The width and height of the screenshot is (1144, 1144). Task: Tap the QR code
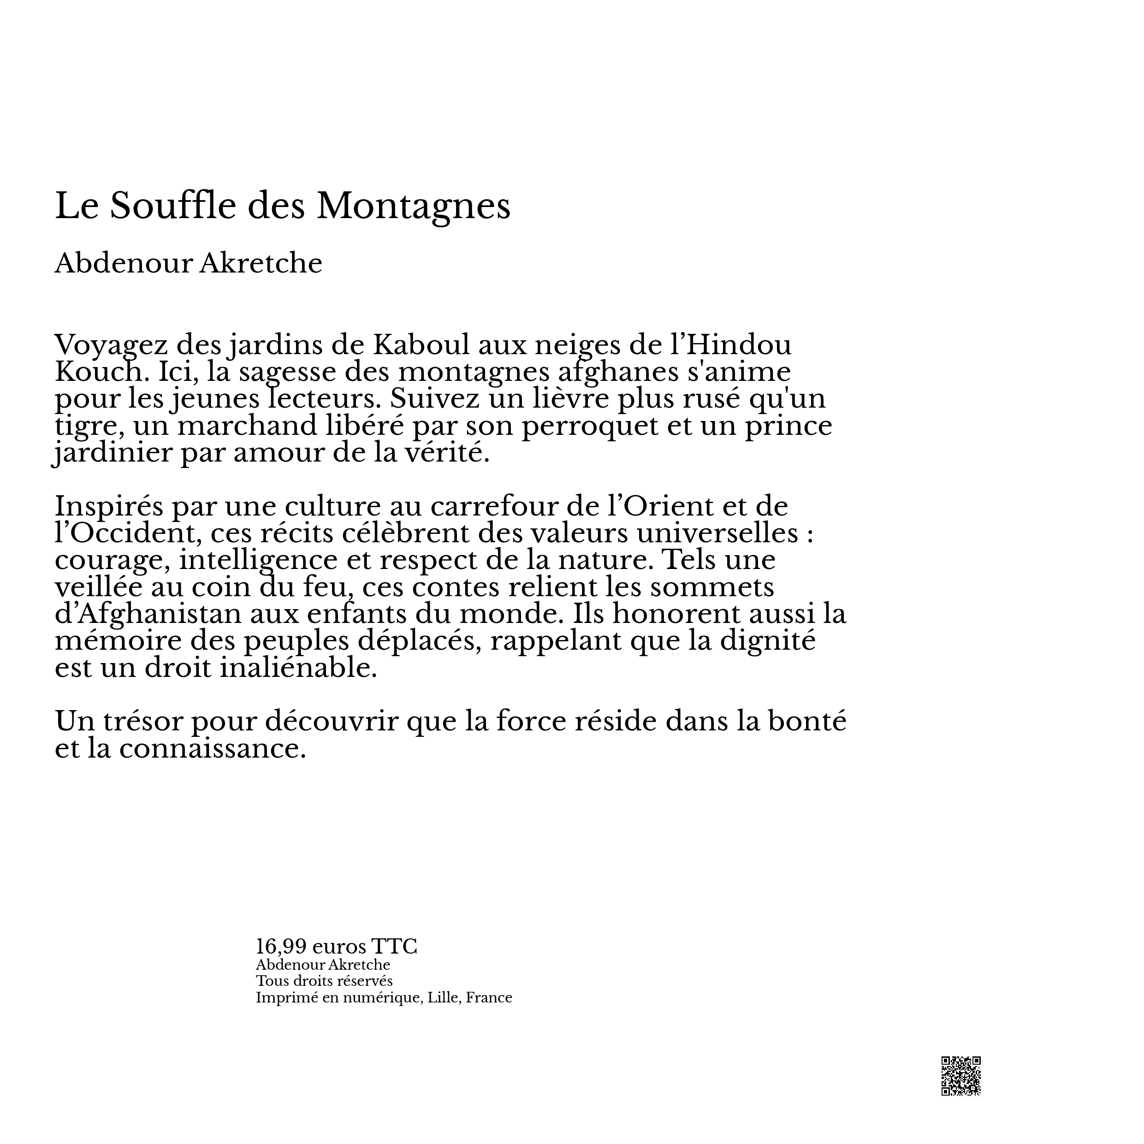960,1076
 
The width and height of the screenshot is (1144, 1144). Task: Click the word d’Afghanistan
148,614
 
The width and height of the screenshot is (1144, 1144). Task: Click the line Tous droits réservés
324,981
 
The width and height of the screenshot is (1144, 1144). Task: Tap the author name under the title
188,263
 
